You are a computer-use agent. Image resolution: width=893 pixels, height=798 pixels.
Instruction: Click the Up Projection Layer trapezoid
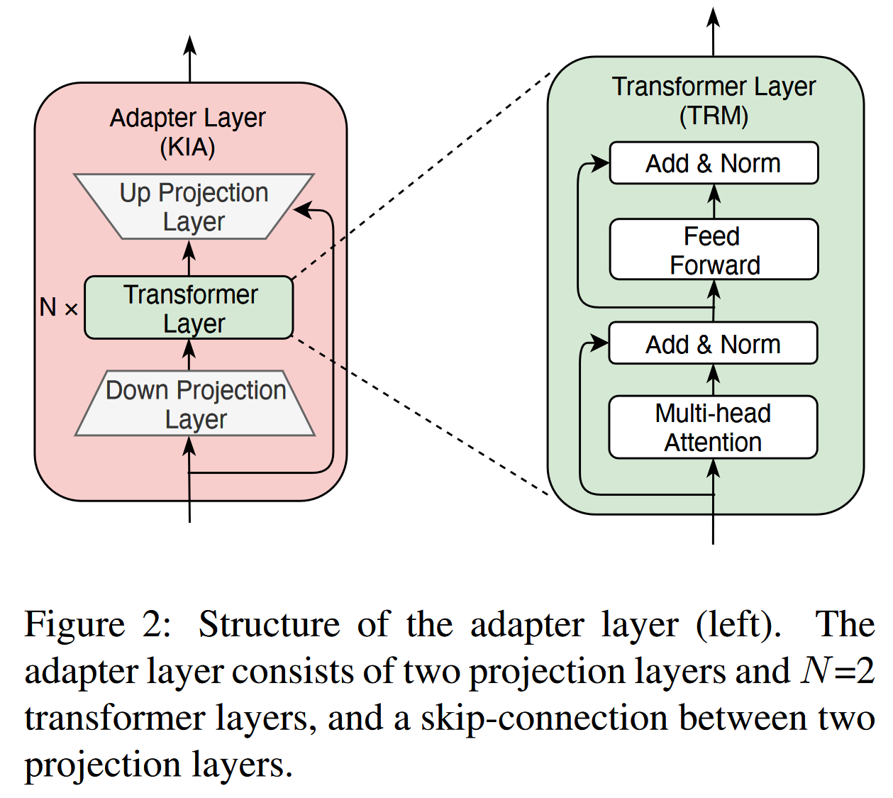coord(194,206)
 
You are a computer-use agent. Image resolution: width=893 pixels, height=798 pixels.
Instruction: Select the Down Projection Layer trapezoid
coord(195,404)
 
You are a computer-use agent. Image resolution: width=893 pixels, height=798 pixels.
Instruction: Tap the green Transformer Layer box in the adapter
coord(189,308)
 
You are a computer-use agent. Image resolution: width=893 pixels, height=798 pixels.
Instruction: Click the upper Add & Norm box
coord(714,163)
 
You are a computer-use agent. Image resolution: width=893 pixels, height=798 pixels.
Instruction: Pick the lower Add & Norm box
coord(713,344)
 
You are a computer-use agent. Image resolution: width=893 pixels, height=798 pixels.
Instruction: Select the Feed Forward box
coord(714,250)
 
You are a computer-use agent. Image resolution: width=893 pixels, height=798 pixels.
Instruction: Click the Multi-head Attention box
coord(713,427)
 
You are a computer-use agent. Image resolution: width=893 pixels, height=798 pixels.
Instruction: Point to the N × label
coord(58,308)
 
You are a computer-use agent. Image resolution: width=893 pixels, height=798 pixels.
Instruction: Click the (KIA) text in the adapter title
coord(187,148)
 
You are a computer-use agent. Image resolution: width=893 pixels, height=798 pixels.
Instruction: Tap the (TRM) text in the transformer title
coord(714,116)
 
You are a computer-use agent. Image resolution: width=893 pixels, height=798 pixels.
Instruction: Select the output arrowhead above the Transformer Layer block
coord(714,17)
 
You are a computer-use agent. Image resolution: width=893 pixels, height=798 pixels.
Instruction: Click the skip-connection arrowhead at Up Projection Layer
coord(302,209)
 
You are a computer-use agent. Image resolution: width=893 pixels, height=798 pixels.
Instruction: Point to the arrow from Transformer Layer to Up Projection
coord(189,257)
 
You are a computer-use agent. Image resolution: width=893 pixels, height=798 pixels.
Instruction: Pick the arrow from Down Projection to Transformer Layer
coord(189,354)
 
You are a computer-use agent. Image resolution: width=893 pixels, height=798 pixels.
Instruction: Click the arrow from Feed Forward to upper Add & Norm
coord(714,201)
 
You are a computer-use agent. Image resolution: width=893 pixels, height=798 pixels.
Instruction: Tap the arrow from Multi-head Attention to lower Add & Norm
coord(714,379)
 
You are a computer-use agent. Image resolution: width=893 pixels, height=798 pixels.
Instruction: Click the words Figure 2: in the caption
coord(97,625)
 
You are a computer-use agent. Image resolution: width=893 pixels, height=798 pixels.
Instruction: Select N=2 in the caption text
coord(838,671)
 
